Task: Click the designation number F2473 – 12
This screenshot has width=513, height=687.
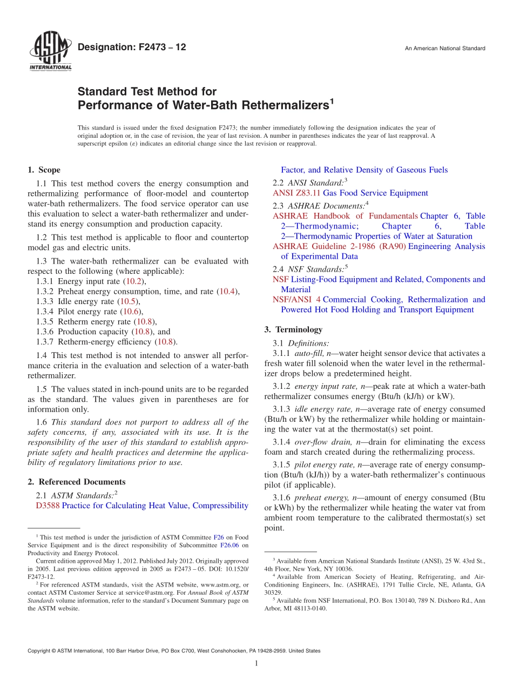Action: [132, 48]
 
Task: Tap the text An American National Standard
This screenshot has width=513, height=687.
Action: [445, 49]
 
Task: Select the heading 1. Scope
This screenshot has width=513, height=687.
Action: [44, 170]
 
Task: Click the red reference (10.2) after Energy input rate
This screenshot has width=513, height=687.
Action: [134, 281]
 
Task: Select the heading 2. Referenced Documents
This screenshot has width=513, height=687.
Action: [77, 482]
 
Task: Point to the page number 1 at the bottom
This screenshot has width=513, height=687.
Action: [256, 664]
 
